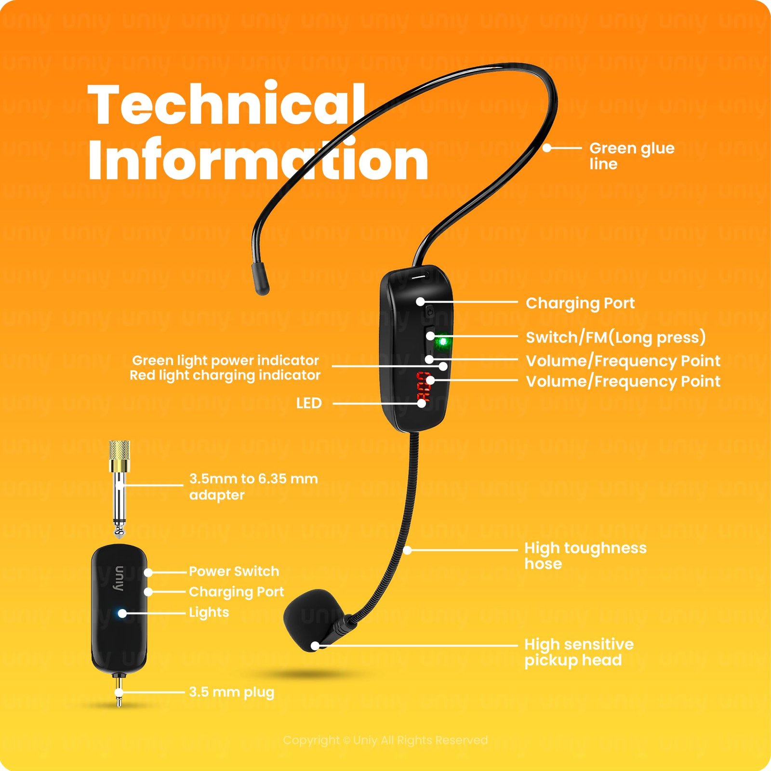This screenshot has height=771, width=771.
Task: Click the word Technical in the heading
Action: tap(226, 104)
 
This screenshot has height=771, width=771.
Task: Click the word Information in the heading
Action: tap(258, 159)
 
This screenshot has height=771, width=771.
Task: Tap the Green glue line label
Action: tap(631, 156)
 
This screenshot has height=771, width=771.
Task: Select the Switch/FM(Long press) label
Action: tap(615, 337)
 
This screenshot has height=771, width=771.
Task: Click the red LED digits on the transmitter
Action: tap(424, 387)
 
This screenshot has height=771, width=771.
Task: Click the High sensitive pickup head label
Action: tap(578, 652)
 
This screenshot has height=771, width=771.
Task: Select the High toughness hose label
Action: tap(585, 556)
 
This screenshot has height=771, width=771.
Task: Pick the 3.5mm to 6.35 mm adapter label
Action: tap(253, 487)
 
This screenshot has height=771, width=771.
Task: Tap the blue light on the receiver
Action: tap(122, 613)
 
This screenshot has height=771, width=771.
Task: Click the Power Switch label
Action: tap(234, 572)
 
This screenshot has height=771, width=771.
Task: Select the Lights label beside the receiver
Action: tap(209, 612)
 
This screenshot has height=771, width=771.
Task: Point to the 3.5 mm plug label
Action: tap(231, 692)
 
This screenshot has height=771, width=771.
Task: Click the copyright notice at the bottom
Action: tap(385, 740)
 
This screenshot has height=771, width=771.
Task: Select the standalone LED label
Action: tap(308, 403)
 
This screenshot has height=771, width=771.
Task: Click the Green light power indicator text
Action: tap(225, 360)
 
